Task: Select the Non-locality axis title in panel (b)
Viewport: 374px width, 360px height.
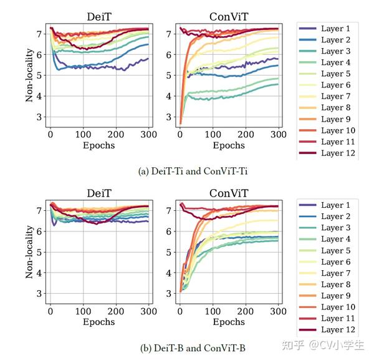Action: click(x=29, y=251)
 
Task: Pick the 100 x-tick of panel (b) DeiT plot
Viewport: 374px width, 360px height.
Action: click(x=83, y=311)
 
